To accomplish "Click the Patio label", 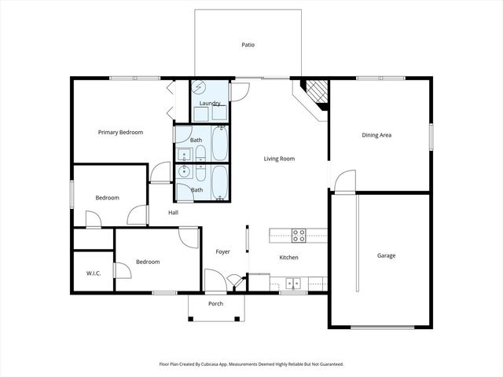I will pos(248,45).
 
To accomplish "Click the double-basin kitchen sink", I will pos(293,283).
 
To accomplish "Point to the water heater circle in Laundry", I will pos(199,89).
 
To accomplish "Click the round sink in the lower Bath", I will pos(185,171).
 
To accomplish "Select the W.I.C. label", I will pos(93,273).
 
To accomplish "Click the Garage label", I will pos(386,255).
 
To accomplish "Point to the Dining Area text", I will pos(376,135).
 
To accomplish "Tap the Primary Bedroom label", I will pos(120,132).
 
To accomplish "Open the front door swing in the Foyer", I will pos(214,280).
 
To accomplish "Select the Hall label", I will pos(173,212).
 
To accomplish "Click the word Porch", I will pos(215,303).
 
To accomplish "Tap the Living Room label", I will pos(278,159).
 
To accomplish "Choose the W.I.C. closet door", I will pos(120,270).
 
